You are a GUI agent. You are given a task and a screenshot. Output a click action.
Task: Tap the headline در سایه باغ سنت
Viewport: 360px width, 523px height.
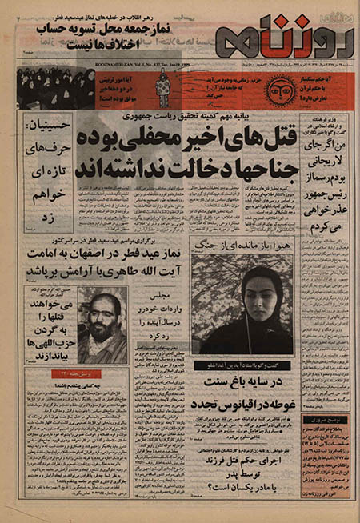[244, 381]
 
